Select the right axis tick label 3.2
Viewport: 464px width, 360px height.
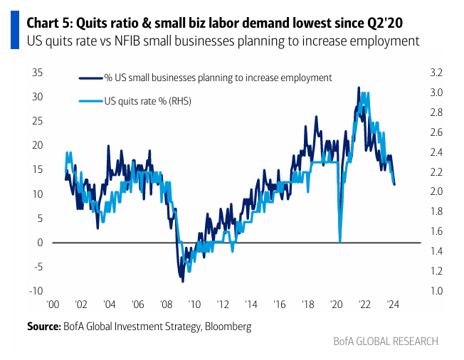click(436, 73)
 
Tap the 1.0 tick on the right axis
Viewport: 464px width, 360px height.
click(436, 291)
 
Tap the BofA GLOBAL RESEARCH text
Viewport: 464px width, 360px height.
click(386, 342)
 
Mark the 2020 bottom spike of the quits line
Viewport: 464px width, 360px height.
click(340, 241)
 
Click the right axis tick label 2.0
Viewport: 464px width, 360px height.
click(436, 192)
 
